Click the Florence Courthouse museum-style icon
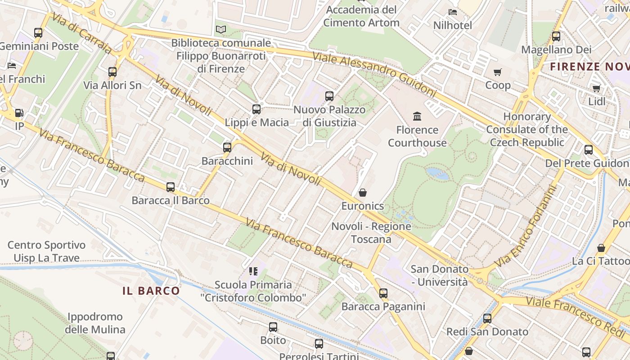[417, 117]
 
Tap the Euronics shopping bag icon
[363, 193]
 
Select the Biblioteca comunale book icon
[220, 30]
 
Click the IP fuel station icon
[19, 113]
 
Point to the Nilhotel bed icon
[453, 12]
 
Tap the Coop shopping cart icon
[498, 72]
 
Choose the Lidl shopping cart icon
[597, 88]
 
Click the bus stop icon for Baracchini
[227, 147]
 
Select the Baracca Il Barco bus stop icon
[171, 187]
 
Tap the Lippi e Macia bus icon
[256, 109]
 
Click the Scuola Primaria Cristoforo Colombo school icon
[253, 271]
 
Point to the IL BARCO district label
[151, 291]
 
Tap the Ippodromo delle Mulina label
[95, 323]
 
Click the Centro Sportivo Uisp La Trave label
[46, 252]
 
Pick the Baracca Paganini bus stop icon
[383, 293]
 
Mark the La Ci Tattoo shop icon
[601, 248]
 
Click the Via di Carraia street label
[81, 33]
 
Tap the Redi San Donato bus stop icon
[487, 319]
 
